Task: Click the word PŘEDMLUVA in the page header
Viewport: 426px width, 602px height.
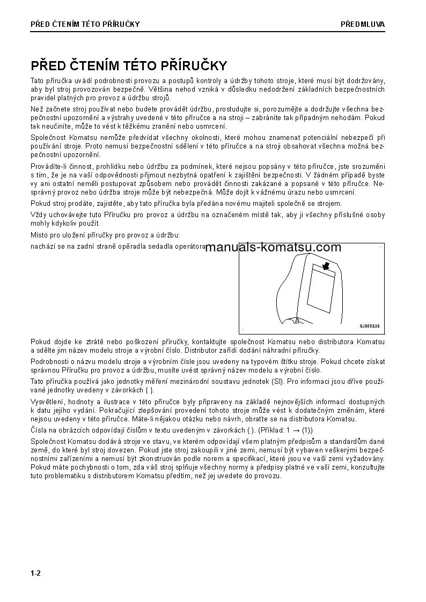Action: tap(363, 24)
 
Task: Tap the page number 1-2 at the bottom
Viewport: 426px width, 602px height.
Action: tap(36, 574)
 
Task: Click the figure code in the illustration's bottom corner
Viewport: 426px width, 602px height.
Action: tap(369, 325)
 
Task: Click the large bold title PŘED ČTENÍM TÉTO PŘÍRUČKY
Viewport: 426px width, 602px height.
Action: tap(129, 66)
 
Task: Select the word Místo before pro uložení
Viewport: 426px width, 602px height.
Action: tap(40, 235)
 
